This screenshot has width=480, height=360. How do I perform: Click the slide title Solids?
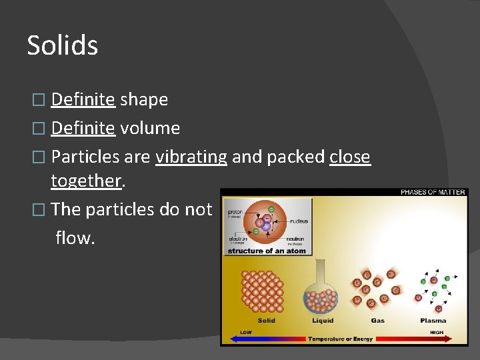(x=62, y=45)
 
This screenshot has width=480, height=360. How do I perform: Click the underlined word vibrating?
(x=191, y=157)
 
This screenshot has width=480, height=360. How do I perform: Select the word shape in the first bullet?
(x=144, y=99)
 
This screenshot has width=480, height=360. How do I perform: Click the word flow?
(x=75, y=237)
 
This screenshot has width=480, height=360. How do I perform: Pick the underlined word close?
(x=350, y=157)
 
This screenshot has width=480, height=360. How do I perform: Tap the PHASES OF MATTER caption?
(x=433, y=193)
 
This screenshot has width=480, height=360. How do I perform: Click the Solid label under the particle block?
(x=266, y=321)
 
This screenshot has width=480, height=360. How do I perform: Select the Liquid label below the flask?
(x=323, y=321)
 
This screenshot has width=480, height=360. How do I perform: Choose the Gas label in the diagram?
(x=377, y=321)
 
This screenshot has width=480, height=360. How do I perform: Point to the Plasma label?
(x=433, y=321)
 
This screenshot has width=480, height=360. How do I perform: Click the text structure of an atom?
(x=267, y=251)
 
